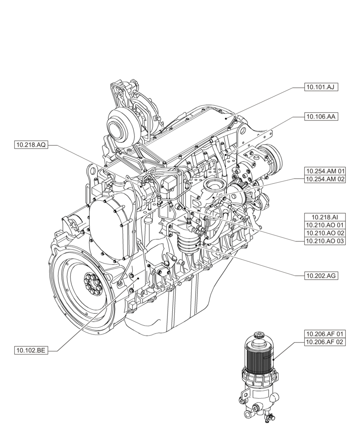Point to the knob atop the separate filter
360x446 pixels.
pos(258,336)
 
